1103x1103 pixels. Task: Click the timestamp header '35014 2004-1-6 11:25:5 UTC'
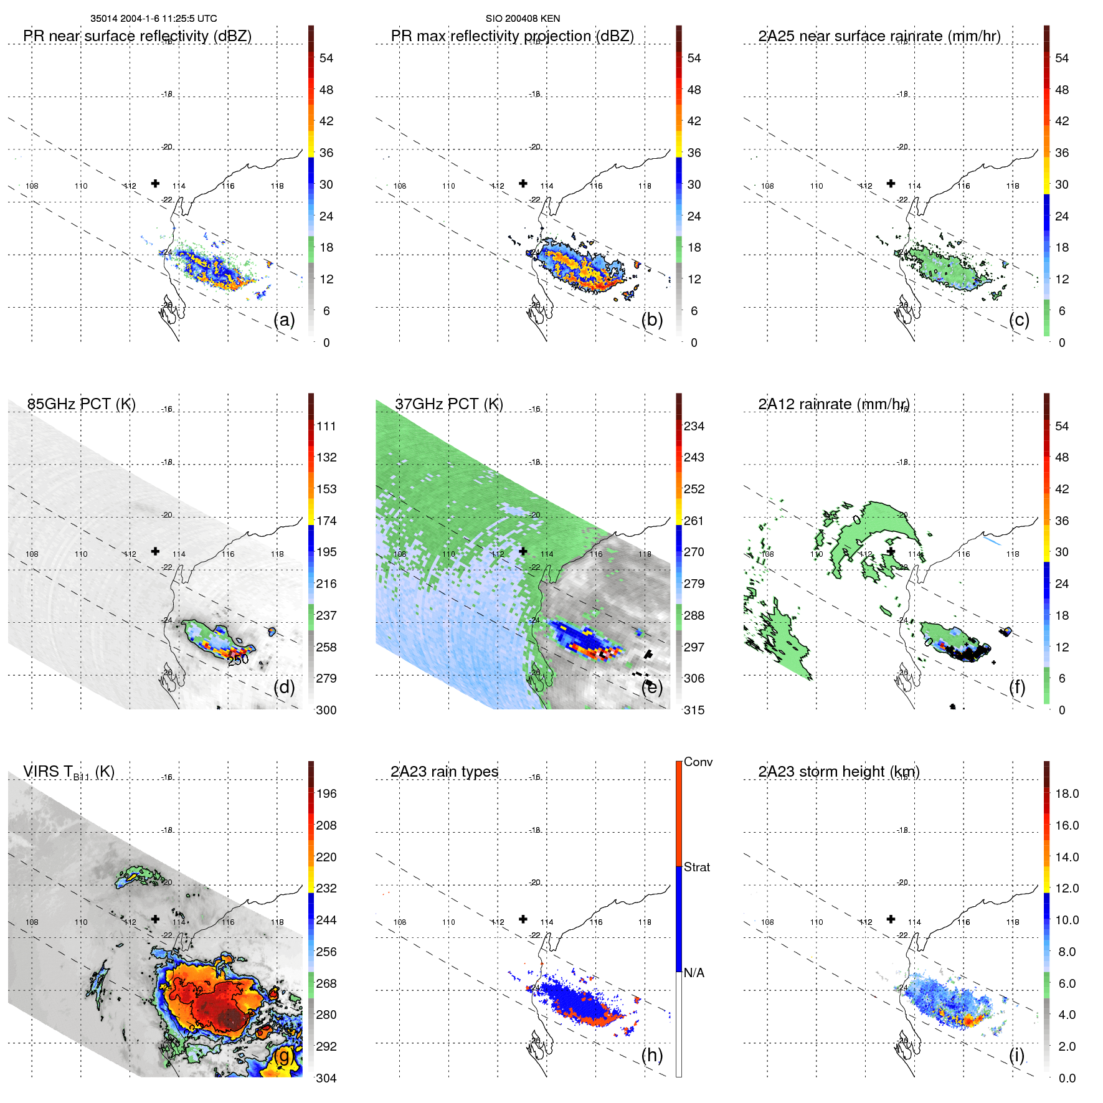click(x=153, y=19)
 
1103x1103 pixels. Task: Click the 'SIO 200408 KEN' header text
click(x=523, y=19)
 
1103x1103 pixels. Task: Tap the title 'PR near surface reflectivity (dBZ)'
click(x=137, y=36)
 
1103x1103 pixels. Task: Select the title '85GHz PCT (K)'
click(x=81, y=404)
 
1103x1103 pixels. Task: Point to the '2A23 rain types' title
click(x=444, y=772)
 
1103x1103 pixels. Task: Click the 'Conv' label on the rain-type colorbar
click(x=698, y=762)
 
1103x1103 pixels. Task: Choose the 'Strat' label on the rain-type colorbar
click(x=696, y=868)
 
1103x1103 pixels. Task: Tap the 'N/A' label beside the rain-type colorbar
click(x=694, y=973)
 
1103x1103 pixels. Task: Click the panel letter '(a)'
click(x=284, y=320)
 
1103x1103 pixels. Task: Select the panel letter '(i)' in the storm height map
click(x=1016, y=1056)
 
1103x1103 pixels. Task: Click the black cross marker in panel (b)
click(x=523, y=184)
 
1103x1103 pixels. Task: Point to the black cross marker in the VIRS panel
click(x=156, y=919)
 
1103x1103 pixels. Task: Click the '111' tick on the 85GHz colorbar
click(x=326, y=427)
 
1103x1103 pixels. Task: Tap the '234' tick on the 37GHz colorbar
click(x=694, y=427)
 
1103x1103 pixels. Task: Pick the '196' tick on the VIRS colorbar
click(x=326, y=794)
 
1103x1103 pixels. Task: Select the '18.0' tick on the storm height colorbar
click(x=1066, y=794)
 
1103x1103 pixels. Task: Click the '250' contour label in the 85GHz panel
click(x=238, y=660)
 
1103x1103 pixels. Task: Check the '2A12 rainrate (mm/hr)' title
click(x=833, y=404)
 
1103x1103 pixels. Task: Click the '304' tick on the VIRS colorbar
click(x=326, y=1078)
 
